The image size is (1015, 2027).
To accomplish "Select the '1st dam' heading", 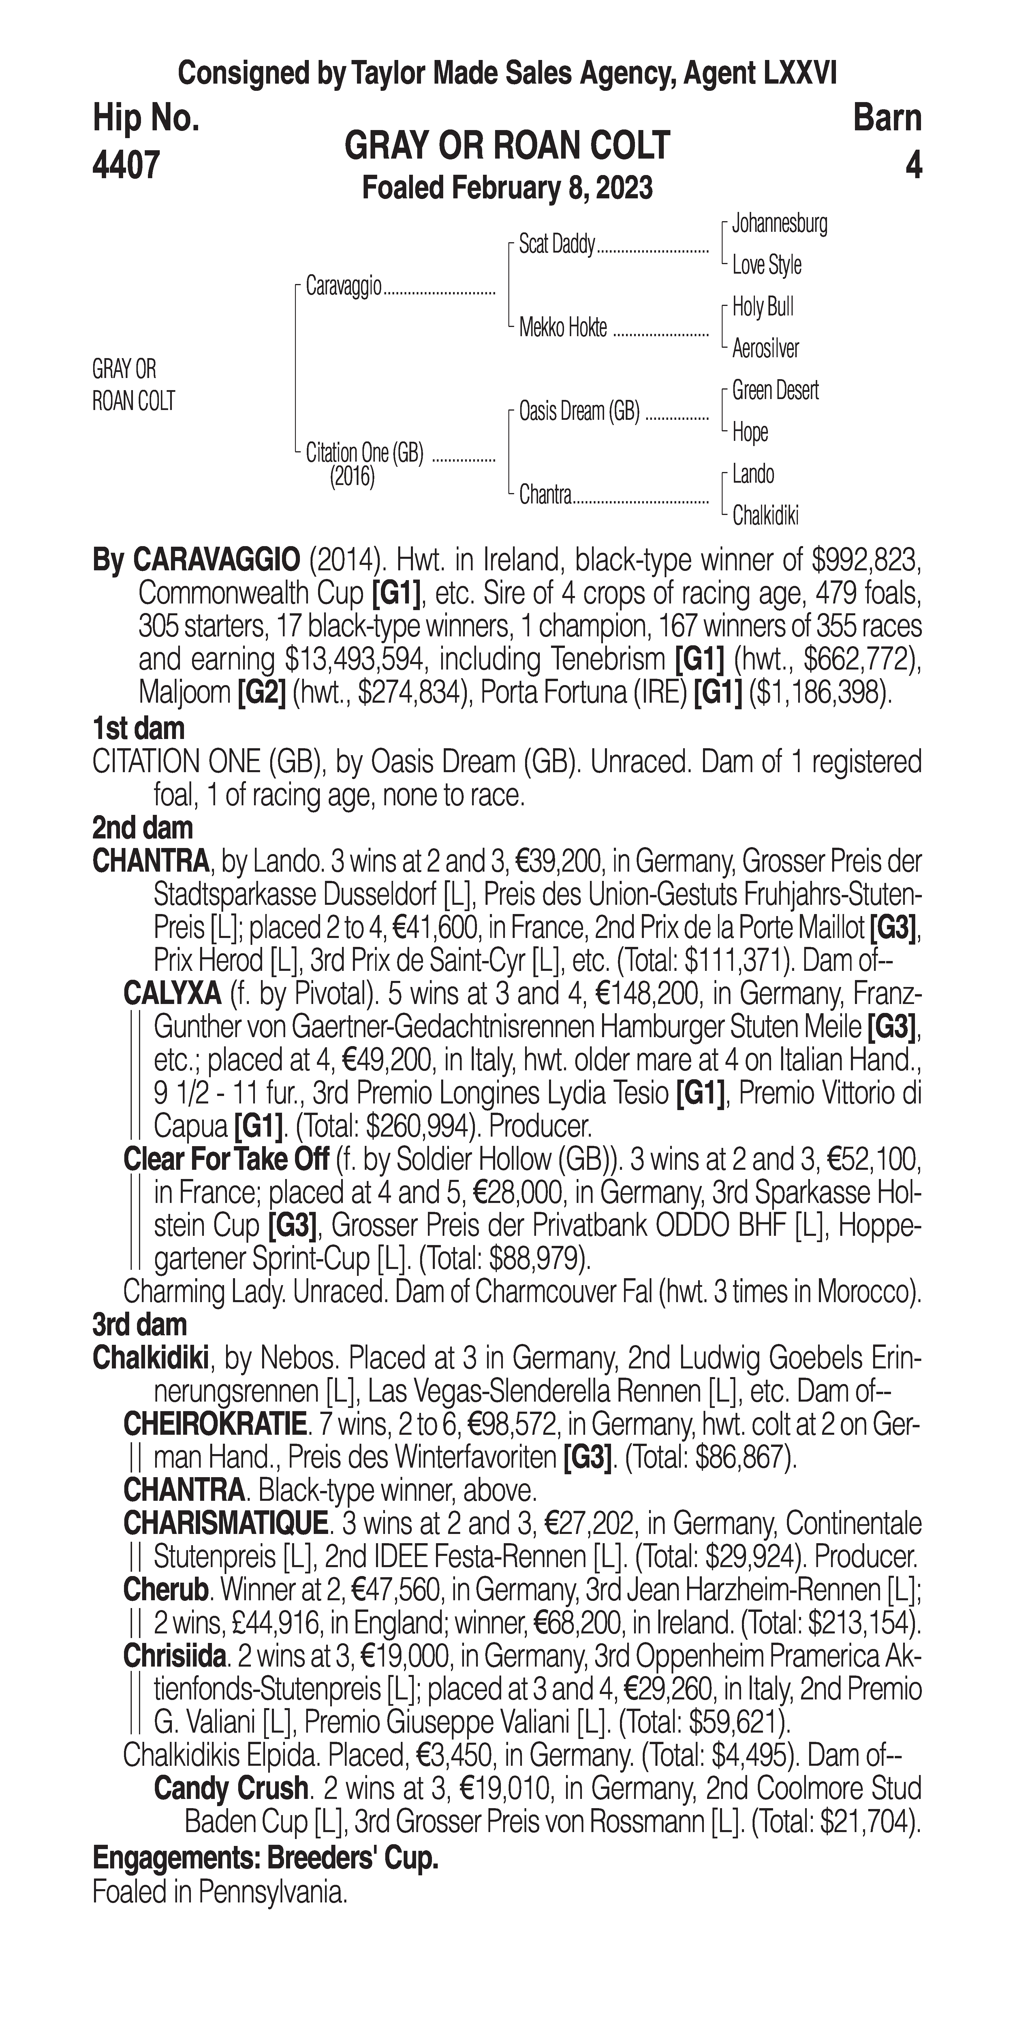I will (x=138, y=728).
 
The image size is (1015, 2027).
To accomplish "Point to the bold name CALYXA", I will (x=172, y=994).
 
